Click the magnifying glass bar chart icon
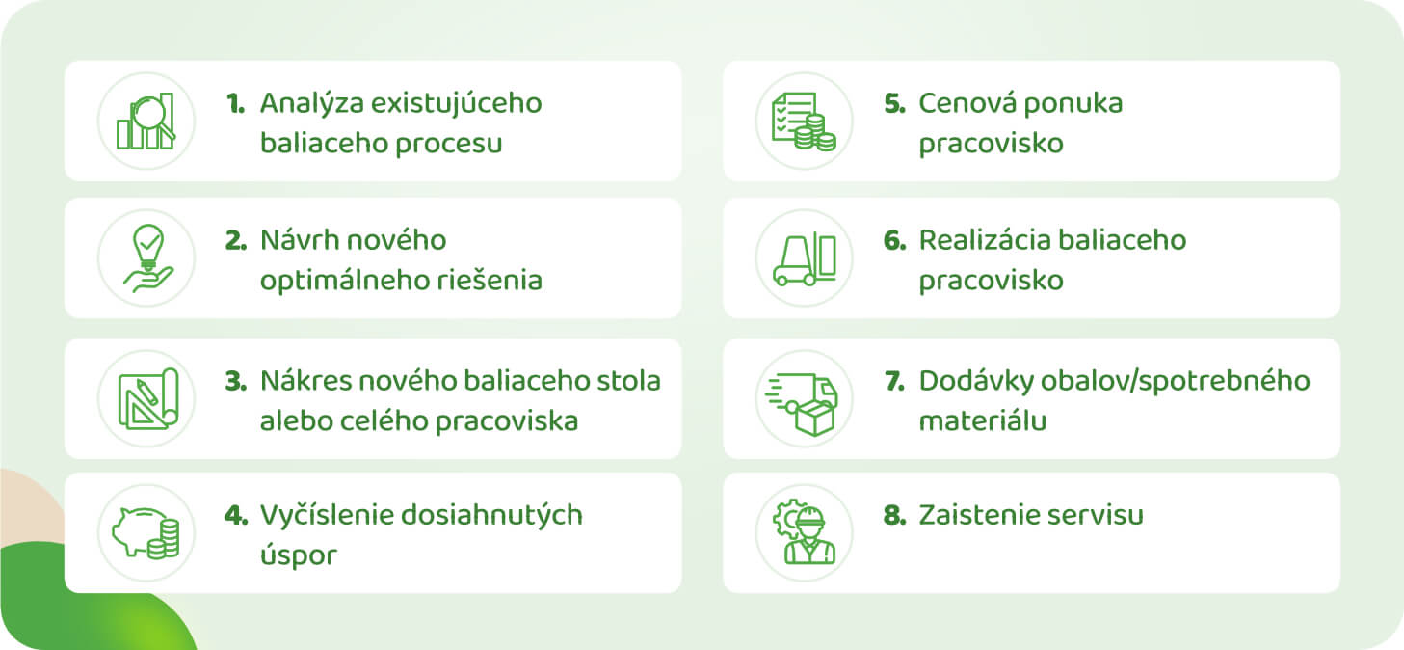pos(146,122)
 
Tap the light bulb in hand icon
pos(148,257)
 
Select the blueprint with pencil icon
pos(148,399)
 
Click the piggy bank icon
pos(146,532)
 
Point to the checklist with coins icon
pos(805,122)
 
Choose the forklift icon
pos(805,258)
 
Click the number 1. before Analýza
pos(236,103)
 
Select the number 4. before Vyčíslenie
pos(236,515)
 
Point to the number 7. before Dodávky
pos(894,381)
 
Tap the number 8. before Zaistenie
pos(894,515)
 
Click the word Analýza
pos(311,104)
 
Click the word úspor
pos(299,555)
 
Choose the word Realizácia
pos(984,240)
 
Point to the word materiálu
pos(982,421)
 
